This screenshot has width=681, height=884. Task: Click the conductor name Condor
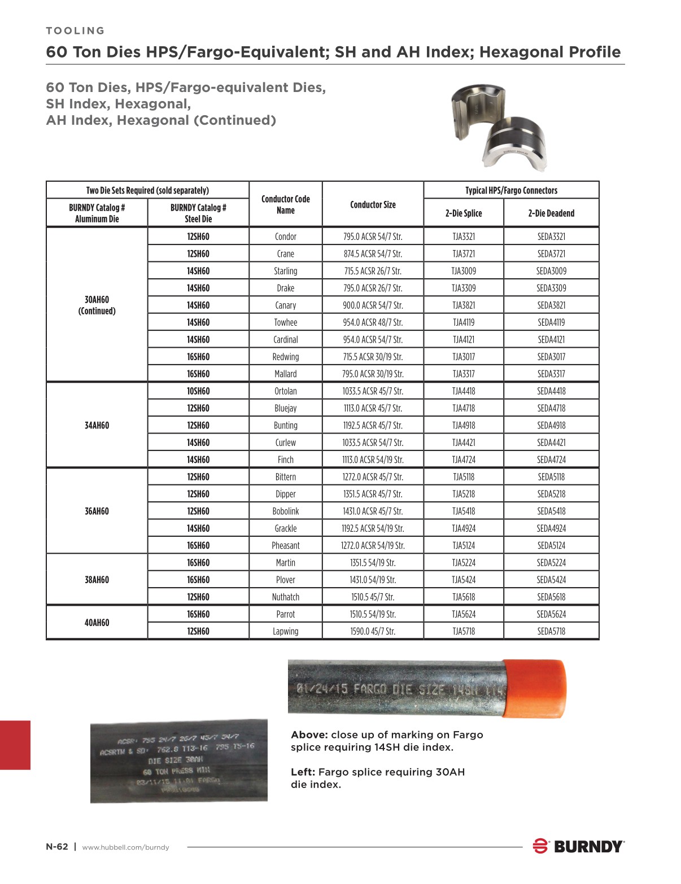(285, 237)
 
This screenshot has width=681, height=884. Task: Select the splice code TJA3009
(463, 271)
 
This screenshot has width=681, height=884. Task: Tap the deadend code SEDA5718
(551, 631)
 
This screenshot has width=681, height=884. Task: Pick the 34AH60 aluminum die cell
(97, 426)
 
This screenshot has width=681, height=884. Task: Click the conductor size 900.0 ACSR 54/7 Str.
(373, 305)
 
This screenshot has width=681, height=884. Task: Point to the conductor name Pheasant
(285, 545)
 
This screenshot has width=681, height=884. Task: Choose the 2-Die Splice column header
(463, 213)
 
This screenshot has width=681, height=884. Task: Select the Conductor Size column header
(373, 204)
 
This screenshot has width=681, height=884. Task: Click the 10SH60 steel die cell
(198, 391)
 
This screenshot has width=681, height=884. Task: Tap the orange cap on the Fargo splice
(533, 688)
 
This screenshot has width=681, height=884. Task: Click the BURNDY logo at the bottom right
(578, 846)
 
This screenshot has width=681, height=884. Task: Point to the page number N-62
(56, 847)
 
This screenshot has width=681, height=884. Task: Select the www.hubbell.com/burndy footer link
(125, 847)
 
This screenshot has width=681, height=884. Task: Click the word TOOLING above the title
(75, 30)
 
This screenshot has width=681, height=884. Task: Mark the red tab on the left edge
(15, 745)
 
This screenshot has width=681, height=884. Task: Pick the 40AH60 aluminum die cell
(97, 623)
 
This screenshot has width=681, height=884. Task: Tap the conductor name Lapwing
(285, 631)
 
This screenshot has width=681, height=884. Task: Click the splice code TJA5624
(463, 614)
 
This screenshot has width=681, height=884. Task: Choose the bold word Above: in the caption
(309, 735)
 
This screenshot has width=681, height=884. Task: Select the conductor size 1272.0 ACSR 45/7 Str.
(373, 477)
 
